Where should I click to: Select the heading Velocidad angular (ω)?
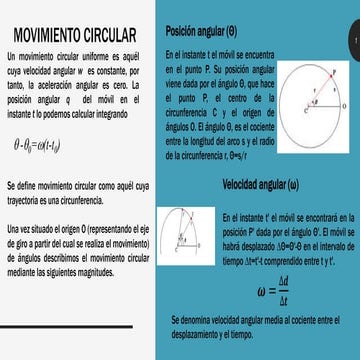click(x=260, y=184)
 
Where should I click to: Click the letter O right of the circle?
click(x=347, y=102)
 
